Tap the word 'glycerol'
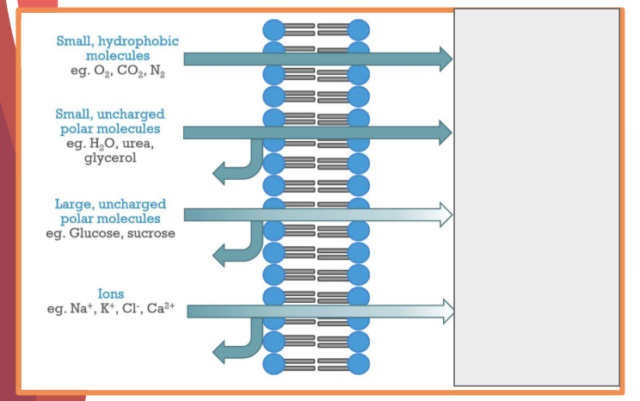pyautogui.click(x=109, y=158)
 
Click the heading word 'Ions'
pyautogui.click(x=112, y=294)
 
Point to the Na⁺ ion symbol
pyautogui.click(x=83, y=308)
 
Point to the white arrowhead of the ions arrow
pyautogui.click(x=446, y=311)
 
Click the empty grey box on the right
pyautogui.click(x=537, y=197)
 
